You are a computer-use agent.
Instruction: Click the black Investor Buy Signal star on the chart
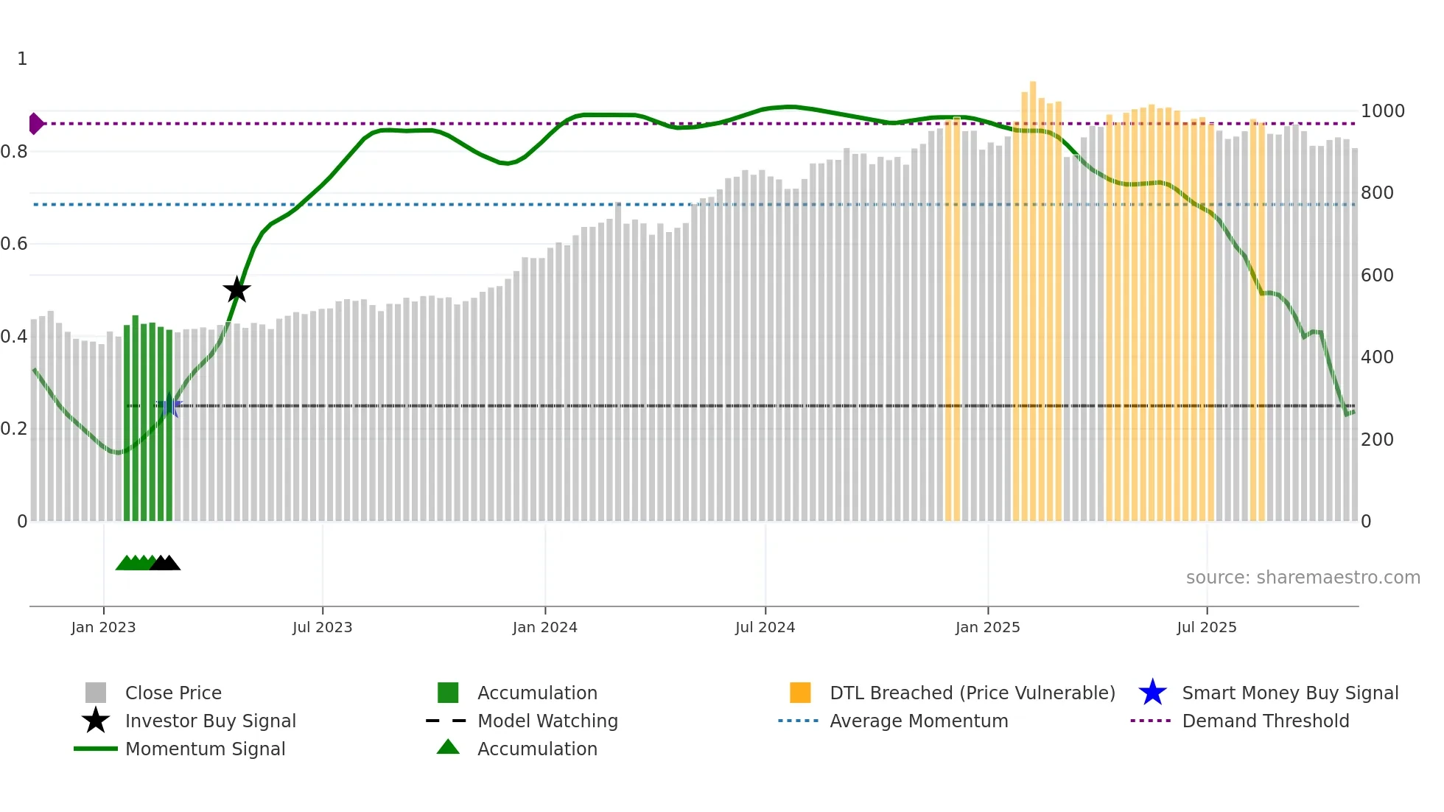[236, 290]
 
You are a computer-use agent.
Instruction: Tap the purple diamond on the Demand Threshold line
[35, 123]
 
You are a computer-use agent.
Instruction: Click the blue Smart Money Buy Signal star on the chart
[169, 405]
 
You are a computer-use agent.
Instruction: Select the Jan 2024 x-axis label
[544, 627]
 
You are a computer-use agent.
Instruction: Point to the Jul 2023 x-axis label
[322, 627]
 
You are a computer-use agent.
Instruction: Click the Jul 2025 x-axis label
[1206, 627]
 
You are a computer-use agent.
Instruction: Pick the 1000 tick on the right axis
[1382, 111]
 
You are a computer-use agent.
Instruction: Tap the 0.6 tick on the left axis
[15, 244]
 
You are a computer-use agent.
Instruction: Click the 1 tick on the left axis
[22, 59]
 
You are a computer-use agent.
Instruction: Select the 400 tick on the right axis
[1376, 357]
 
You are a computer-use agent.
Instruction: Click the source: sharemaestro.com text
[1303, 578]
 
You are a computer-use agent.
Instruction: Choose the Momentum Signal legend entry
[205, 749]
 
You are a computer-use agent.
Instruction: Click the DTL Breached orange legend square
[799, 693]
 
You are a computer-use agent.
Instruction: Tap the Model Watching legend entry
[547, 721]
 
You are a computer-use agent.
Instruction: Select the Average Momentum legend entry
[918, 721]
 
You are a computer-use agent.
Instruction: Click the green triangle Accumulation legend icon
[448, 747]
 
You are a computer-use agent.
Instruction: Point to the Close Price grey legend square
[96, 693]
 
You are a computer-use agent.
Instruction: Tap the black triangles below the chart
[165, 564]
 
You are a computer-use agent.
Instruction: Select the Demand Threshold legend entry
[1265, 721]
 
